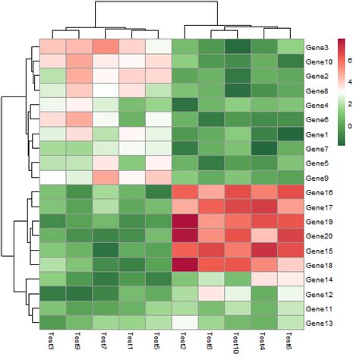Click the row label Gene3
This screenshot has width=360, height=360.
[x=317, y=48]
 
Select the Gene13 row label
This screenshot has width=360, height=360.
[x=319, y=324]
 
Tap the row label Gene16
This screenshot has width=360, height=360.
[x=319, y=193]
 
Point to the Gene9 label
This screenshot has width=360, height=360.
[x=317, y=178]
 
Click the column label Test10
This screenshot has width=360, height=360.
[x=235, y=343]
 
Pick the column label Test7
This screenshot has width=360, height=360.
[x=104, y=341]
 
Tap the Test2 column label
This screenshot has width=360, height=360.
[x=183, y=341]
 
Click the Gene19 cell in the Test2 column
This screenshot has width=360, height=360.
[x=185, y=222]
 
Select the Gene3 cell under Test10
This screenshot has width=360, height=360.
[x=238, y=46]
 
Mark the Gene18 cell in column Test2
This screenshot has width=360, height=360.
[x=185, y=265]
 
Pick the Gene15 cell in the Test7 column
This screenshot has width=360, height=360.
[x=106, y=251]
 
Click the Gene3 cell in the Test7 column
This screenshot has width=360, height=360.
[x=106, y=46]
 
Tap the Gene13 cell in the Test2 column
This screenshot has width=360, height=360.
[x=185, y=323]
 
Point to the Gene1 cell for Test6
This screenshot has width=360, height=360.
[x=291, y=134]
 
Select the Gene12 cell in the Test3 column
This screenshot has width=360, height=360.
[x=52, y=294]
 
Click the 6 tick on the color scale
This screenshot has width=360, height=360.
[x=350, y=60]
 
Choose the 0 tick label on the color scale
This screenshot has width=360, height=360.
[x=350, y=126]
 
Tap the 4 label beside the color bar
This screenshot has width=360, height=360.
[x=350, y=82]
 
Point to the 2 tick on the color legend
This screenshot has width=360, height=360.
[x=350, y=104]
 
